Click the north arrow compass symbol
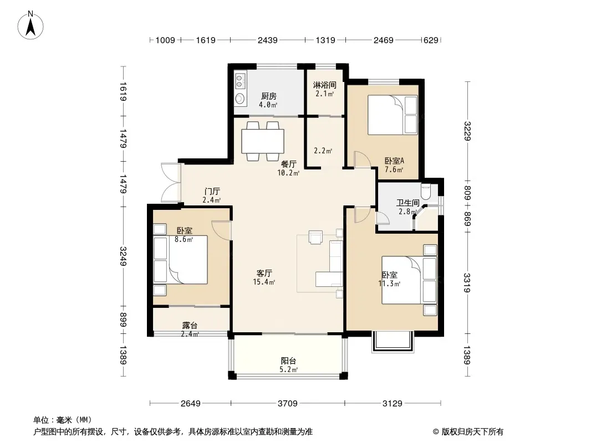30,25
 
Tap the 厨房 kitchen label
269,96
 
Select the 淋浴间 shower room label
324,85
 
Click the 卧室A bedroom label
394,161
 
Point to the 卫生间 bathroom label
408,203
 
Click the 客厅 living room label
264,273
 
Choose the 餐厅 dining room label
289,164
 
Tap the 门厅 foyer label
212,192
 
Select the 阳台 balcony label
289,361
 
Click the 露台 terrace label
190,325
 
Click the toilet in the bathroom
426,191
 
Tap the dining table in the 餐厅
263,141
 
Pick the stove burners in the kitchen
240,81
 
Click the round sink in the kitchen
240,99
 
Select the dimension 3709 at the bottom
288,404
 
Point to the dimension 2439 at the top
268,40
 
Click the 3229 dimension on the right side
467,131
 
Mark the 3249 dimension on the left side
123,256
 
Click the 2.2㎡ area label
323,151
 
